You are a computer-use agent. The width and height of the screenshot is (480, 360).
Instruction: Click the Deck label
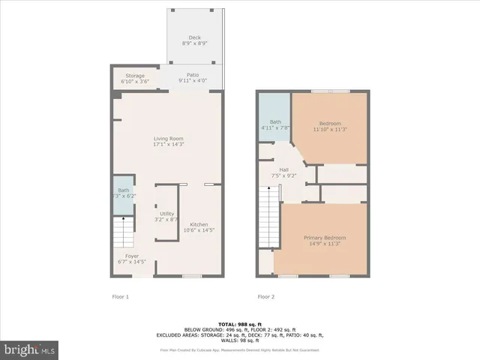pyautogui.click(x=194, y=37)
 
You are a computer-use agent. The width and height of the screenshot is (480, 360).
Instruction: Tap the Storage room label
pyautogui.click(x=135, y=76)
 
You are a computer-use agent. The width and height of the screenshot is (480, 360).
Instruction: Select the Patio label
pyautogui.click(x=193, y=75)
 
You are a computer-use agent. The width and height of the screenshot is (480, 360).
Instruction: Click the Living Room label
pyautogui.click(x=169, y=139)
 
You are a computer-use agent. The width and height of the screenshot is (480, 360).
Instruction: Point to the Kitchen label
pyautogui.click(x=199, y=224)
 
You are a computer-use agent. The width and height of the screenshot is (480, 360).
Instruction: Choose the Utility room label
pyautogui.click(x=166, y=214)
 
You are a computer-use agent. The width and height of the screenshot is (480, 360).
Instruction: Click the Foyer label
pyautogui.click(x=131, y=256)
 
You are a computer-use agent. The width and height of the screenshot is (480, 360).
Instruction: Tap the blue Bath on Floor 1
pyautogui.click(x=123, y=194)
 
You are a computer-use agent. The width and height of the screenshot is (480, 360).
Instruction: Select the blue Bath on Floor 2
pyautogui.click(x=275, y=124)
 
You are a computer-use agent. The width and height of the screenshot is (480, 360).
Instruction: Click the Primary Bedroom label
pyautogui.click(x=325, y=238)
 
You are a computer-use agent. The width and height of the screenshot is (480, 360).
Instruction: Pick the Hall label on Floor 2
pyautogui.click(x=284, y=170)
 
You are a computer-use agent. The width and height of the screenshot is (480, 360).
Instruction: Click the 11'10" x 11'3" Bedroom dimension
pyautogui.click(x=330, y=130)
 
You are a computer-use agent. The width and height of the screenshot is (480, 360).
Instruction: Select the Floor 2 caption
pyautogui.click(x=266, y=296)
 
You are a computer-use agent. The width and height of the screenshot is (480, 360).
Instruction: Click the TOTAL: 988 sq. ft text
pyautogui.click(x=239, y=323)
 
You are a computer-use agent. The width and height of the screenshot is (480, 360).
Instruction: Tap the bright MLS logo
pyautogui.click(x=30, y=349)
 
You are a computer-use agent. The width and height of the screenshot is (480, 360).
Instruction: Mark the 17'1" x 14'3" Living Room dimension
pyautogui.click(x=169, y=144)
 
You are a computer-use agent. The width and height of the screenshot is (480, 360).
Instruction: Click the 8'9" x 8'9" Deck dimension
pyautogui.click(x=194, y=43)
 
